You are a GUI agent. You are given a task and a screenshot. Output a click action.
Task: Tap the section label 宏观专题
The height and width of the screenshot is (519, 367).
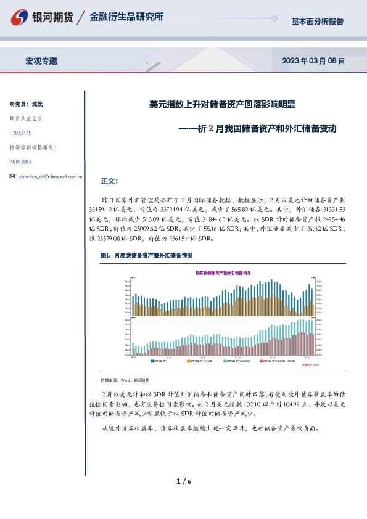click(41, 61)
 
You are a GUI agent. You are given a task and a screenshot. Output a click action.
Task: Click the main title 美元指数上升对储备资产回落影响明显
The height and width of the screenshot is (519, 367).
click(223, 105)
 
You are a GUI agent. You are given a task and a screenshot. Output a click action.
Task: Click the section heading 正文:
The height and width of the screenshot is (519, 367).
click(109, 181)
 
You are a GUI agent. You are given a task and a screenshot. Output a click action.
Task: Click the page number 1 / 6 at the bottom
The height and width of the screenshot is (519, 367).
click(183, 481)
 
